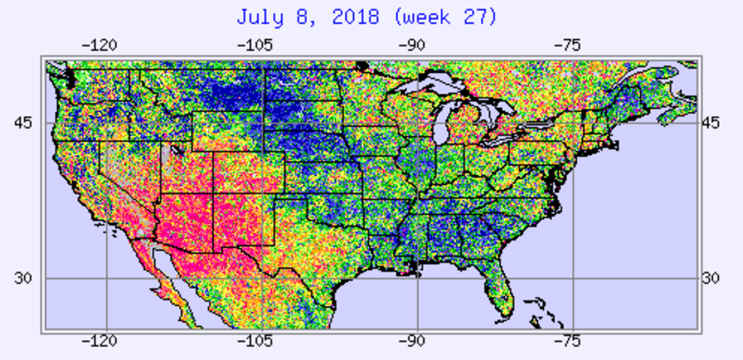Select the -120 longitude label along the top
click(100, 45)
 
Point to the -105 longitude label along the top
click(255, 45)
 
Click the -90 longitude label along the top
click(412, 45)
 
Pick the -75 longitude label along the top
click(568, 45)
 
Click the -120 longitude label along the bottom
click(100, 341)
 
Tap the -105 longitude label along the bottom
click(255, 341)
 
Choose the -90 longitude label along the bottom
click(412, 341)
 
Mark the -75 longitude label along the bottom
click(568, 341)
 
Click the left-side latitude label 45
click(23, 123)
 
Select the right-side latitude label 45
click(710, 123)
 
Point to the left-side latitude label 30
click(23, 279)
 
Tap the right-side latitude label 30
click(710, 279)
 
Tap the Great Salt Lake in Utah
click(177, 150)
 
